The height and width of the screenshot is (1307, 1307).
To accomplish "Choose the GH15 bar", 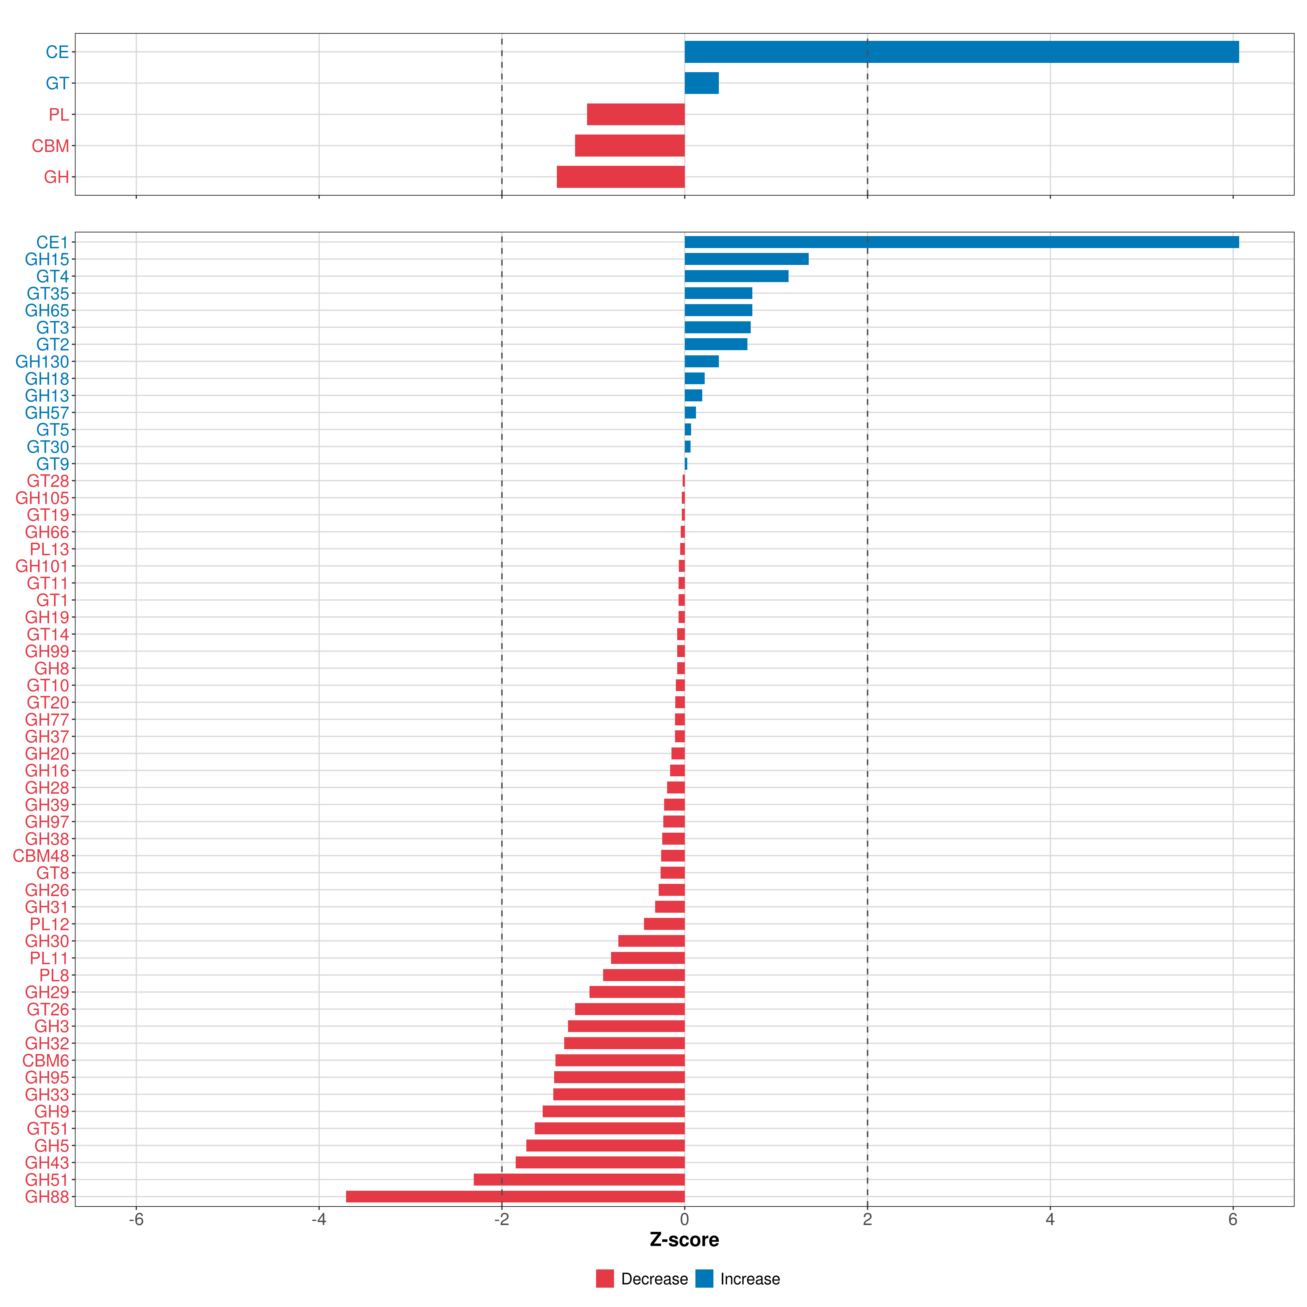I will (746, 259).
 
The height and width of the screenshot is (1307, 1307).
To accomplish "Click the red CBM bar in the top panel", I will (630, 145).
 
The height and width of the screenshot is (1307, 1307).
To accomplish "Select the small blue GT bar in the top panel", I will (701, 83).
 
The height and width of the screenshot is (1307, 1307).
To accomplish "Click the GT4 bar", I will (736, 276).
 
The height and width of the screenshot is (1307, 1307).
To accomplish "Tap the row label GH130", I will (42, 362).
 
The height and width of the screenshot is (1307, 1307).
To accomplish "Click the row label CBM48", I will (41, 856).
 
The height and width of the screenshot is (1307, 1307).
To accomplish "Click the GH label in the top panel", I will (56, 177).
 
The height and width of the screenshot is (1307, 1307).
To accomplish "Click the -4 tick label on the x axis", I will (319, 1220).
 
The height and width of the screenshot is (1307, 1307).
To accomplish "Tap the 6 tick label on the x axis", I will (1233, 1220).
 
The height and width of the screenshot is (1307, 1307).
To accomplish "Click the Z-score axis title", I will (684, 1240).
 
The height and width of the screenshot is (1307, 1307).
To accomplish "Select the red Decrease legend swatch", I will (605, 1279).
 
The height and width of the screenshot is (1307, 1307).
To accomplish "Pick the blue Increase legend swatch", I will (704, 1279).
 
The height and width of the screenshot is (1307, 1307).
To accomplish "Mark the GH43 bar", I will (600, 1162).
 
